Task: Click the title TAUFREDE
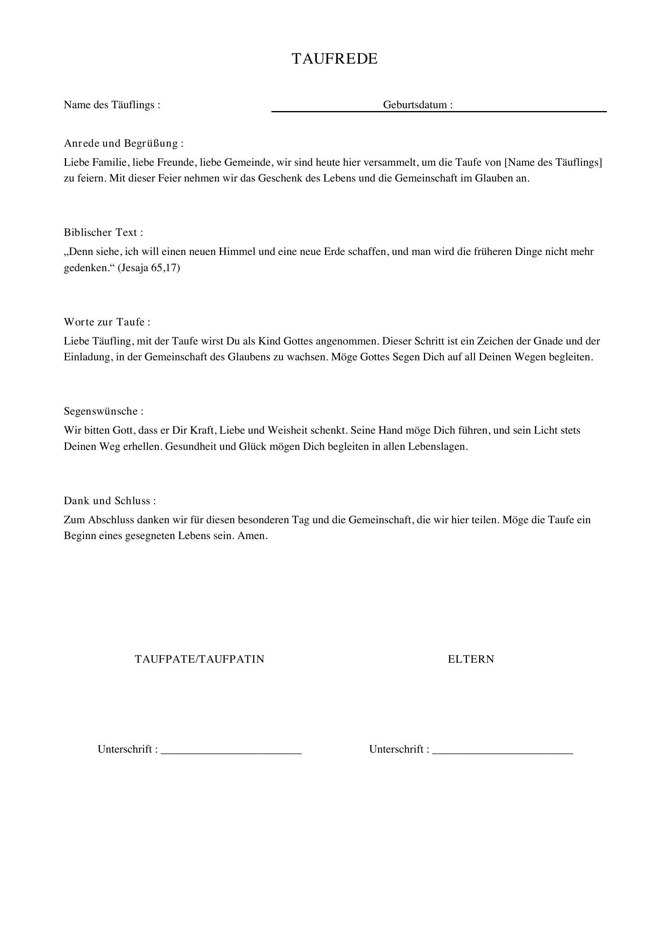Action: point(335,59)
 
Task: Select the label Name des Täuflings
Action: point(112,105)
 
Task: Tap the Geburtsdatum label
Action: point(417,105)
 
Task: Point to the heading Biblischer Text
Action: point(103,233)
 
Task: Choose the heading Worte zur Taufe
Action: point(107,322)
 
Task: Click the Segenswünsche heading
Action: point(103,411)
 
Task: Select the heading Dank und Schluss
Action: point(110,501)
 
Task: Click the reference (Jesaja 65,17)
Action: point(149,268)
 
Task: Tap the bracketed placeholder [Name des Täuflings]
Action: point(553,162)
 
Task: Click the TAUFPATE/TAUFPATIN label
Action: point(200,659)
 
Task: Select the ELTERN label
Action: point(471,659)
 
